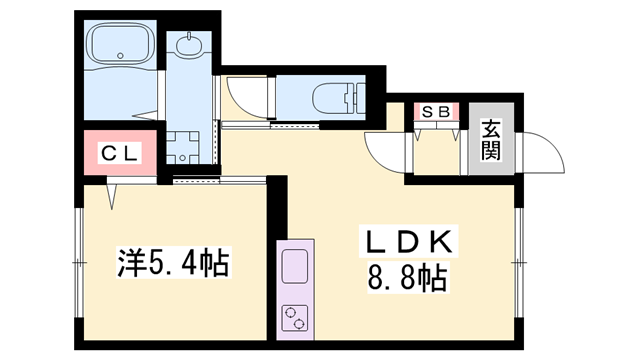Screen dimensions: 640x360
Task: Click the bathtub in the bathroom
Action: [x=121, y=43]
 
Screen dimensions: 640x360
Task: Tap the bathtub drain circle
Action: [x=120, y=55]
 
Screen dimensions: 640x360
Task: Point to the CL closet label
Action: [x=119, y=153]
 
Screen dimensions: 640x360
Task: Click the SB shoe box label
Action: [x=436, y=111]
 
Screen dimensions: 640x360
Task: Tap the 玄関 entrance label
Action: [x=491, y=140]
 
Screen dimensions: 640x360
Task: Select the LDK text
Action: [x=409, y=241]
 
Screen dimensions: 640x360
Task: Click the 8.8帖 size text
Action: [x=407, y=278]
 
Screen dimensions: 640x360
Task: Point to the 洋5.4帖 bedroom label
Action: [x=173, y=262]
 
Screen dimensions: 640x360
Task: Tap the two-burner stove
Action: [x=295, y=318]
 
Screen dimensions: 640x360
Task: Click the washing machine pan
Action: [x=182, y=147]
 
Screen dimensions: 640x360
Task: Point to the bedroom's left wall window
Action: [x=79, y=262]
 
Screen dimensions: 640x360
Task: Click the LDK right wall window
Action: [x=519, y=262]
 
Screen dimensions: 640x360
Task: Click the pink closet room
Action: [x=120, y=153]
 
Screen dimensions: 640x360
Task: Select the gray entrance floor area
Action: [x=491, y=139]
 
